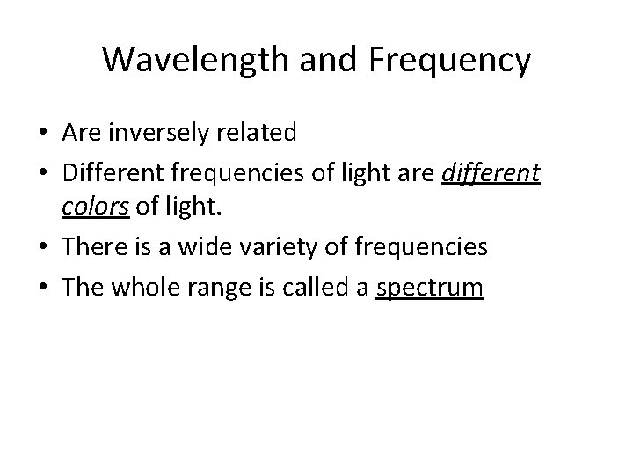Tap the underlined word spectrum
(429, 288)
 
